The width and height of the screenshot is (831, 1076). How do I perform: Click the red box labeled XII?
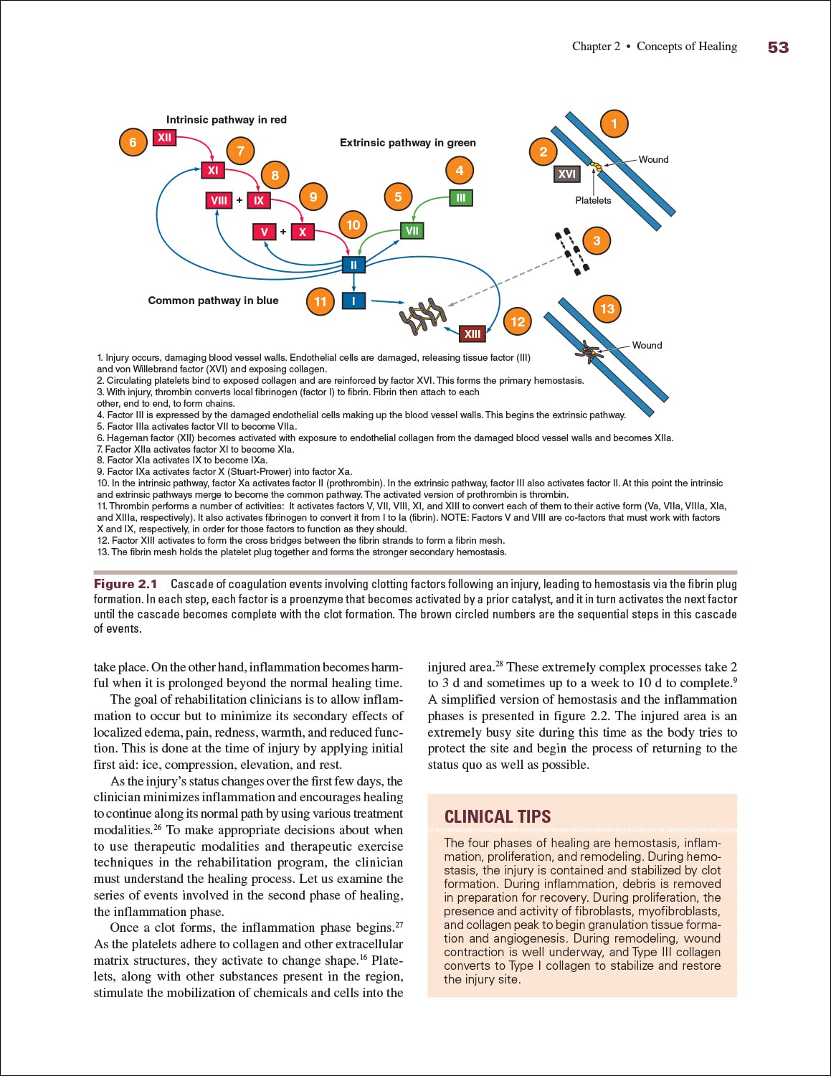click(165, 138)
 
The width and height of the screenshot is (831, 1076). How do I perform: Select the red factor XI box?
click(213, 171)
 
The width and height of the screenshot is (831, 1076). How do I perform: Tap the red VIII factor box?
click(219, 201)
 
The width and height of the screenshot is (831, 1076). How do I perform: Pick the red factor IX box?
click(259, 201)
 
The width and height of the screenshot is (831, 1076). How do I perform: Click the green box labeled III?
click(461, 198)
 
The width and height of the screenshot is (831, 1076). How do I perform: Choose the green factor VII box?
click(412, 231)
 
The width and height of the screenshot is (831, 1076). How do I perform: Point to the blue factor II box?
click(353, 265)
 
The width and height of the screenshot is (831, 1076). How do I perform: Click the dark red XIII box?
click(473, 334)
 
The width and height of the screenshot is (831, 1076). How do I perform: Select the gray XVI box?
click(566, 174)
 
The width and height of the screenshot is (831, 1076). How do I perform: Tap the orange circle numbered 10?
click(353, 225)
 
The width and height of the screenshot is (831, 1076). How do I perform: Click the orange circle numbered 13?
click(607, 309)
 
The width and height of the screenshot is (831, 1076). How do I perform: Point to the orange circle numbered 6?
click(133, 142)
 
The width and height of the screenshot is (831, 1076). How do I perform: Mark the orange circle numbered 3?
click(597, 241)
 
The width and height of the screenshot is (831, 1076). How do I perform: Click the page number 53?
click(778, 47)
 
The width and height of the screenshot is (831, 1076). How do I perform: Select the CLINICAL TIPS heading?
click(498, 817)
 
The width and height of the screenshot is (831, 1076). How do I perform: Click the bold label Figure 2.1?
click(125, 584)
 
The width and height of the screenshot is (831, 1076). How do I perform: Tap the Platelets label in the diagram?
click(593, 201)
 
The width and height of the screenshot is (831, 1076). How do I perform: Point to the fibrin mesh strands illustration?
click(423, 316)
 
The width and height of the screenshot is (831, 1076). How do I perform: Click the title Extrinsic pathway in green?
click(407, 143)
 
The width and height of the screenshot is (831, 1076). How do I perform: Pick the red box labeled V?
click(265, 232)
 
